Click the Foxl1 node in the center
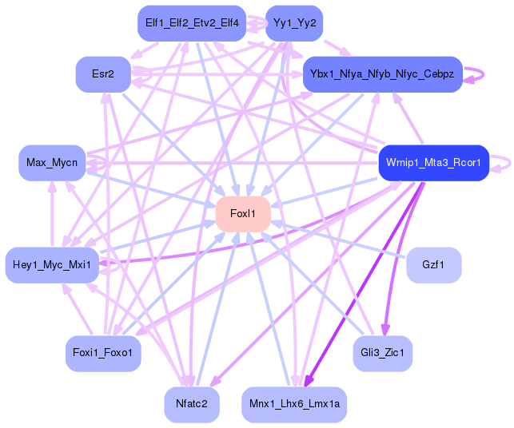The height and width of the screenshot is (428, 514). [243, 214]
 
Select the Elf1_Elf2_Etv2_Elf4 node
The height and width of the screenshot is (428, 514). [192, 23]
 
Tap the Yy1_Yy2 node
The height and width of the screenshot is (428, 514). [294, 23]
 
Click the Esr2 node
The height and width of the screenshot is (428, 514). [103, 74]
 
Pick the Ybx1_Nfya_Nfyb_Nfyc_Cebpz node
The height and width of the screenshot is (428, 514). [383, 74]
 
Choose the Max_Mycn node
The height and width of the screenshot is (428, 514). [52, 163]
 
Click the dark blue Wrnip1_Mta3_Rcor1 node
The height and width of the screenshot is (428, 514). [434, 163]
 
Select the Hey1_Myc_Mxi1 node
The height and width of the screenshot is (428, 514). [52, 265]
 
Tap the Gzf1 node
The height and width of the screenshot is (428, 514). [434, 265]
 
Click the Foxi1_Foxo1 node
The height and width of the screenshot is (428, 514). [103, 353]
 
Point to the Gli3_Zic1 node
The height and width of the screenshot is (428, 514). [383, 353]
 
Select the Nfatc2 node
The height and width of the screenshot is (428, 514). [192, 404]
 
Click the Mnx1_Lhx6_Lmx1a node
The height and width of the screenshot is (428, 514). [294, 404]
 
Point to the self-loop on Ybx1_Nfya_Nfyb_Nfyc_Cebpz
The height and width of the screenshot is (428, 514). [483, 75]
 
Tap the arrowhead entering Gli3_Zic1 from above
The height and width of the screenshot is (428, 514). [385, 330]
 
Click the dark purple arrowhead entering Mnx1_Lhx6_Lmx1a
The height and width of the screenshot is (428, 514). [308, 381]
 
